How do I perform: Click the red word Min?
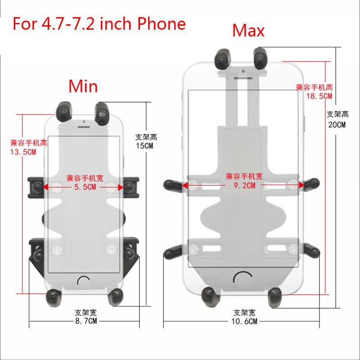(83, 85)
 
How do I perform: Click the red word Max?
(248, 31)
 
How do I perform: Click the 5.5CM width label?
(85, 187)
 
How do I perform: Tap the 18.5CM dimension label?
(320, 96)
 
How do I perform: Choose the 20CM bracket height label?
(337, 125)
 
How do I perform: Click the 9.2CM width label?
(244, 185)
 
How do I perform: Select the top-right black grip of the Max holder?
(261, 57)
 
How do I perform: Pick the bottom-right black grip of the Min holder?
(117, 296)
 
